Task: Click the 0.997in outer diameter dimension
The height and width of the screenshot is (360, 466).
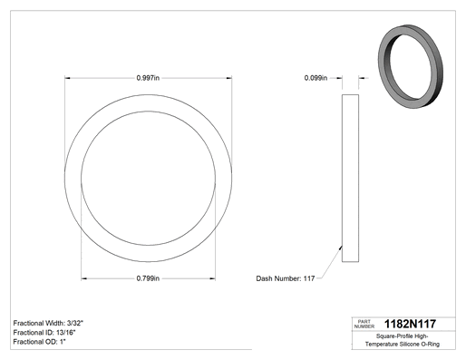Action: pos(148,78)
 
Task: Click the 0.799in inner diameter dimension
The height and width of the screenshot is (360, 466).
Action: pos(148,278)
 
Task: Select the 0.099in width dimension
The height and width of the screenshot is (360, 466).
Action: pos(316,78)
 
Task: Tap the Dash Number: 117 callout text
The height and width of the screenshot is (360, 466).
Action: pos(286,278)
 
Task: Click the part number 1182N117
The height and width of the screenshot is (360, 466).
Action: pos(410,324)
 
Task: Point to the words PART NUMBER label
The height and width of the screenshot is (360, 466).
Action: pos(364,324)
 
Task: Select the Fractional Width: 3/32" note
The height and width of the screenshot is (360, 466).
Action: pos(48,323)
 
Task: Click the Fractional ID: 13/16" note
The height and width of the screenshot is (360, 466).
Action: pos(44,333)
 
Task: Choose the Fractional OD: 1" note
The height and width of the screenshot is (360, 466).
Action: pos(40,342)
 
